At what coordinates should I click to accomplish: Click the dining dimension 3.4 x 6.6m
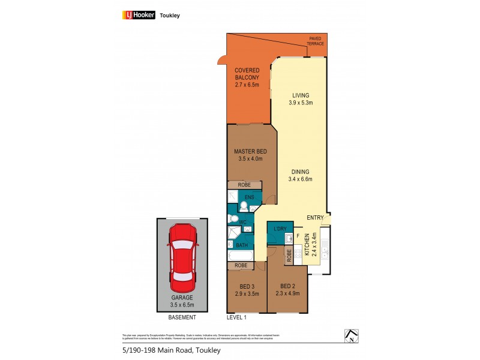[301, 178]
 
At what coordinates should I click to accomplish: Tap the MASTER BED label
[250, 151]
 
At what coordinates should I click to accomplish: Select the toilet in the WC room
[233, 220]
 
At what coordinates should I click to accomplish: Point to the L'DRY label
[280, 230]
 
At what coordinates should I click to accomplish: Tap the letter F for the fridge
[298, 235]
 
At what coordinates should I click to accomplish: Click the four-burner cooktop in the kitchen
[325, 244]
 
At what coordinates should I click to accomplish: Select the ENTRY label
[315, 217]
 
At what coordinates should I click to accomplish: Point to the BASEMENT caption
[182, 317]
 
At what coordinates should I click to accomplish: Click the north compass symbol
[352, 336]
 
